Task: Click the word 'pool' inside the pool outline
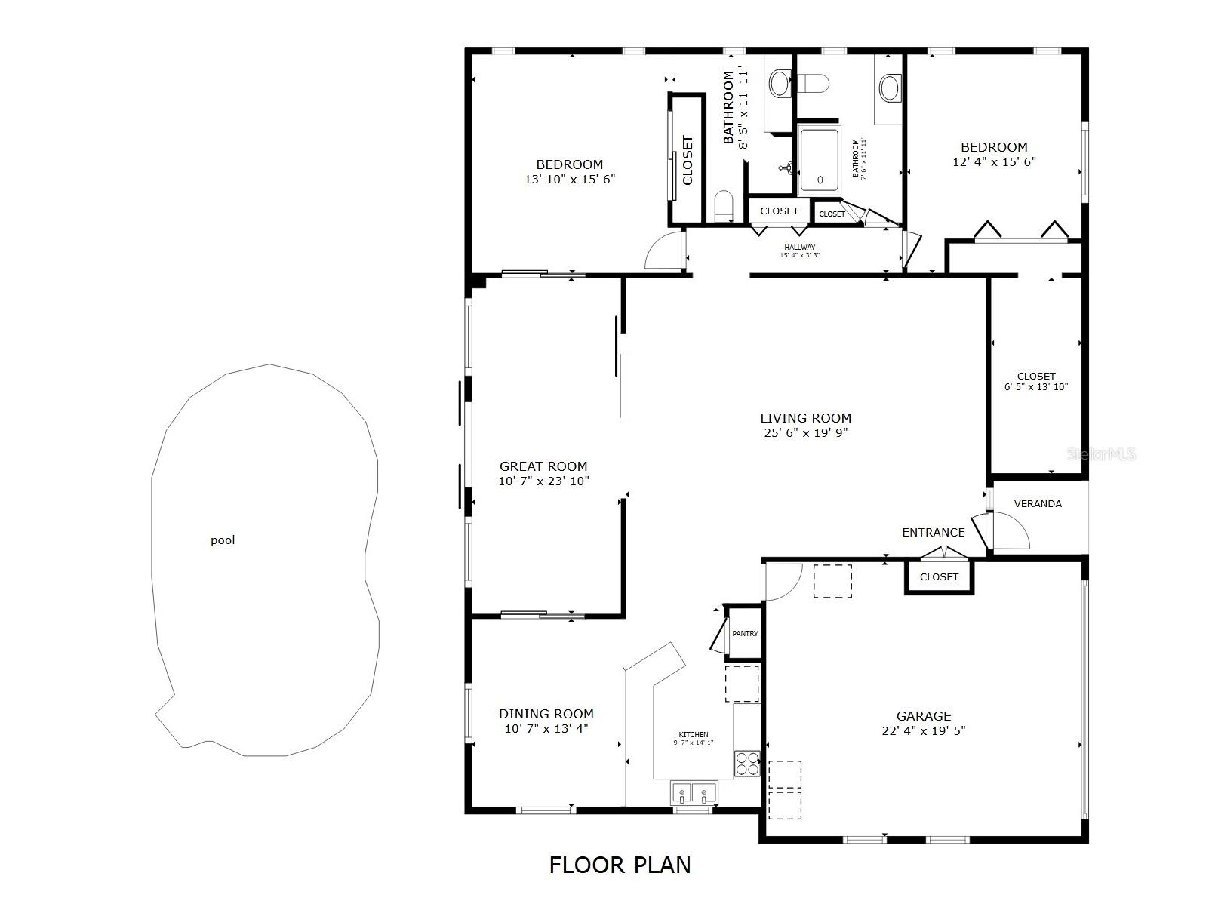coord(223,540)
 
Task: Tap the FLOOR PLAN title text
coord(620,865)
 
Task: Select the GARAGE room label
coord(923,715)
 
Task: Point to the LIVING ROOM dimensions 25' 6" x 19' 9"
coord(805,432)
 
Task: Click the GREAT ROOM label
coord(543,466)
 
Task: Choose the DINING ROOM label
coord(546,713)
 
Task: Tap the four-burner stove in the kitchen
coord(747,764)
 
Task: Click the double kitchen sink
coord(694,794)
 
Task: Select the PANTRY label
coord(745,634)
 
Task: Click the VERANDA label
coord(1037,503)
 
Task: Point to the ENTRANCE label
coord(933,532)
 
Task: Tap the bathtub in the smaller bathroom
coord(819,161)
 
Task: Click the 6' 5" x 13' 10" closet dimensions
coord(1035,387)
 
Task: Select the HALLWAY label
coord(799,247)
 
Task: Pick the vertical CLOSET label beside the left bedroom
coord(688,160)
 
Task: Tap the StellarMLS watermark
coord(1100,454)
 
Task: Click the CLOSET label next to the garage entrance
coord(939,576)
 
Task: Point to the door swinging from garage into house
coord(782,581)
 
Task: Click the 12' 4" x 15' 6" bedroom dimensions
coord(994,161)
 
